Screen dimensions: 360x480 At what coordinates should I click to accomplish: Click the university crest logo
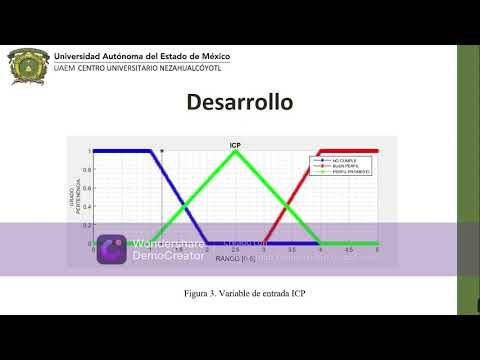click(27, 66)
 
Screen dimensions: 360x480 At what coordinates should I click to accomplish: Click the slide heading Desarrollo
click(239, 103)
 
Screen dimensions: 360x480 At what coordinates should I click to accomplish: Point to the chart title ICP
click(236, 146)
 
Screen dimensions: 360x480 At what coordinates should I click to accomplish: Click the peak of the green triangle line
click(236, 151)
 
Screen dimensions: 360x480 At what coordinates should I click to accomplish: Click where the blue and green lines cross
click(186, 206)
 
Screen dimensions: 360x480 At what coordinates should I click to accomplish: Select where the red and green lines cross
click(288, 206)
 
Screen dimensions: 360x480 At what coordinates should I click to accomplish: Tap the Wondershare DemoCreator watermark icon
click(111, 250)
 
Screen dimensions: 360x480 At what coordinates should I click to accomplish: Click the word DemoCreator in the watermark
click(167, 256)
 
